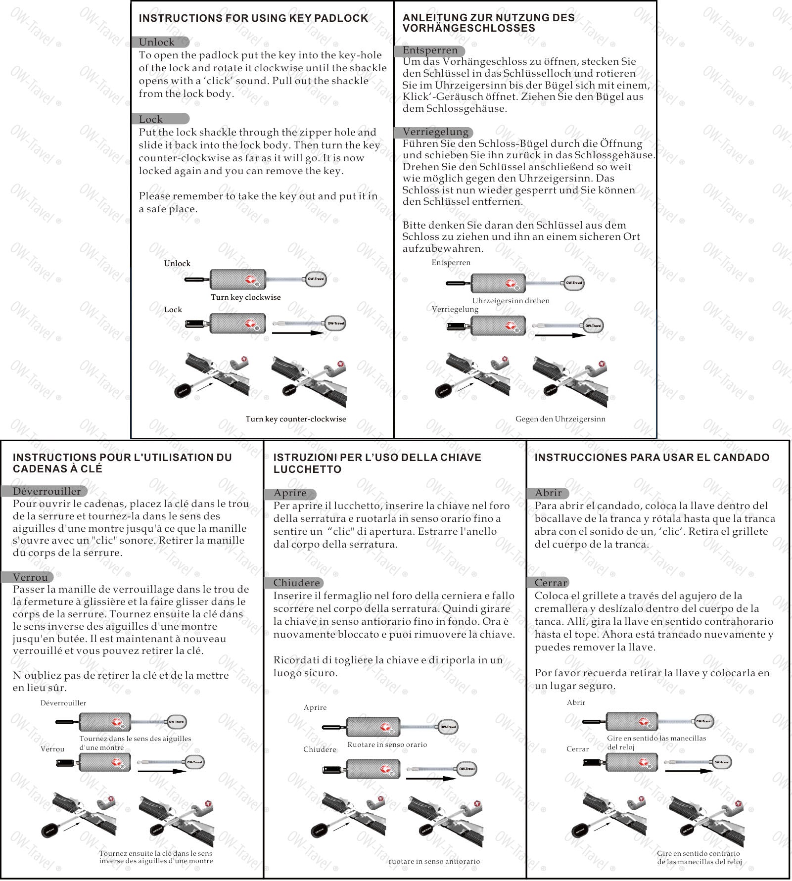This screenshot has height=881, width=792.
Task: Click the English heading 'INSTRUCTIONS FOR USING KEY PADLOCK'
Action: click(x=253, y=18)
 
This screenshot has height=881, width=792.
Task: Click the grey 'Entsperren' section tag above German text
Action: click(x=429, y=50)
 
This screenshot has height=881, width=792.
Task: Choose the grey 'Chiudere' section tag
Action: click(x=296, y=583)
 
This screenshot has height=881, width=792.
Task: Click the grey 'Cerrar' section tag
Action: click(x=551, y=583)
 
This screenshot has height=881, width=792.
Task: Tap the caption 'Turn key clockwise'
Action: click(x=245, y=297)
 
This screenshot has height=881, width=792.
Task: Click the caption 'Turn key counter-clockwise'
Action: click(x=295, y=419)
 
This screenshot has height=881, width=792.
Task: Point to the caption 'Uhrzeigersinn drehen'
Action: click(x=511, y=301)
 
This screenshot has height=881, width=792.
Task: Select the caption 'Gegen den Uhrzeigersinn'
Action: click(x=560, y=419)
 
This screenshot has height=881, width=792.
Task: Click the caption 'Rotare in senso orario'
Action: click(x=387, y=744)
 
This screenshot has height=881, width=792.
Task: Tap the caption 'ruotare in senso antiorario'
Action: click(x=434, y=861)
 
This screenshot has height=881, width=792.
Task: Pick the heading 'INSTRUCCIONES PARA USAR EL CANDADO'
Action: click(x=652, y=458)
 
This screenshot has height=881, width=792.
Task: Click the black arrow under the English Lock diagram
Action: click(x=297, y=333)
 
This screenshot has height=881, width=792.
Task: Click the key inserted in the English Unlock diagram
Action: click(x=197, y=279)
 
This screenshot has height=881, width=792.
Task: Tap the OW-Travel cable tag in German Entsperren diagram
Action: click(x=574, y=283)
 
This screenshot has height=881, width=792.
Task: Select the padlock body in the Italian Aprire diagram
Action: click(x=373, y=727)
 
